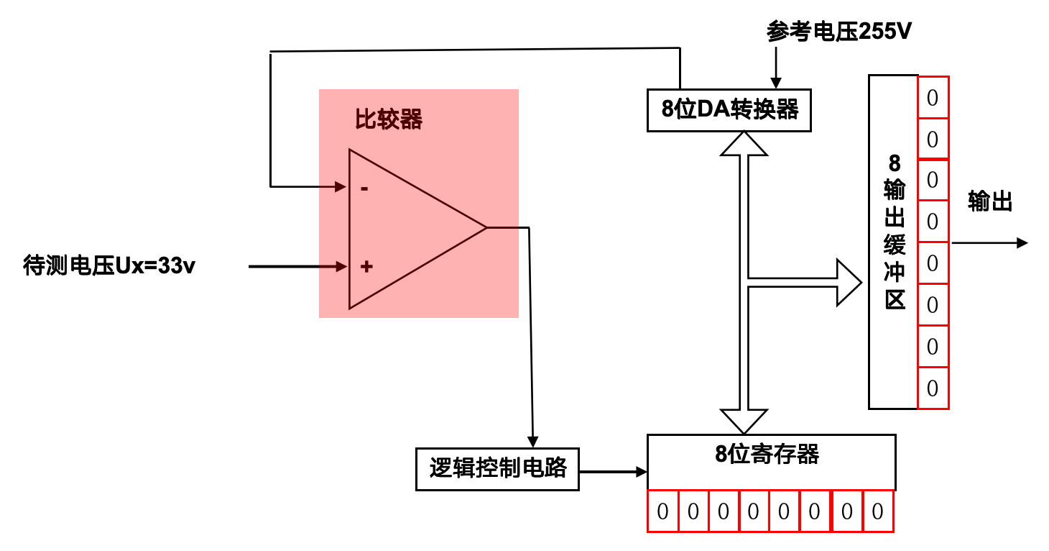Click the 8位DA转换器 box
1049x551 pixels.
729,110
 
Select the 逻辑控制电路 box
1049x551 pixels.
497,469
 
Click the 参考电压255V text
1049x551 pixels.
839,32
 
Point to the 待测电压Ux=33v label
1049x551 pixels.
109,266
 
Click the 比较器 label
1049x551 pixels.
389,119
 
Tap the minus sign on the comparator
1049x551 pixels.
364,188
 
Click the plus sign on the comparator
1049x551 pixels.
366,267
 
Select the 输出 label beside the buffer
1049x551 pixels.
990,201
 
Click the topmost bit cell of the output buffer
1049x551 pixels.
933,98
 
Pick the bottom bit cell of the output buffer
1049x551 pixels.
933,388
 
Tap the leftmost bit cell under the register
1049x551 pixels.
662,511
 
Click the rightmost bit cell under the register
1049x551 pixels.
877,511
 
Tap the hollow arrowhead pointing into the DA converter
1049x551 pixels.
744,144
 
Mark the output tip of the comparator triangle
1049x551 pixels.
486,228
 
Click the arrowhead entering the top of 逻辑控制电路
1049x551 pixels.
532,440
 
